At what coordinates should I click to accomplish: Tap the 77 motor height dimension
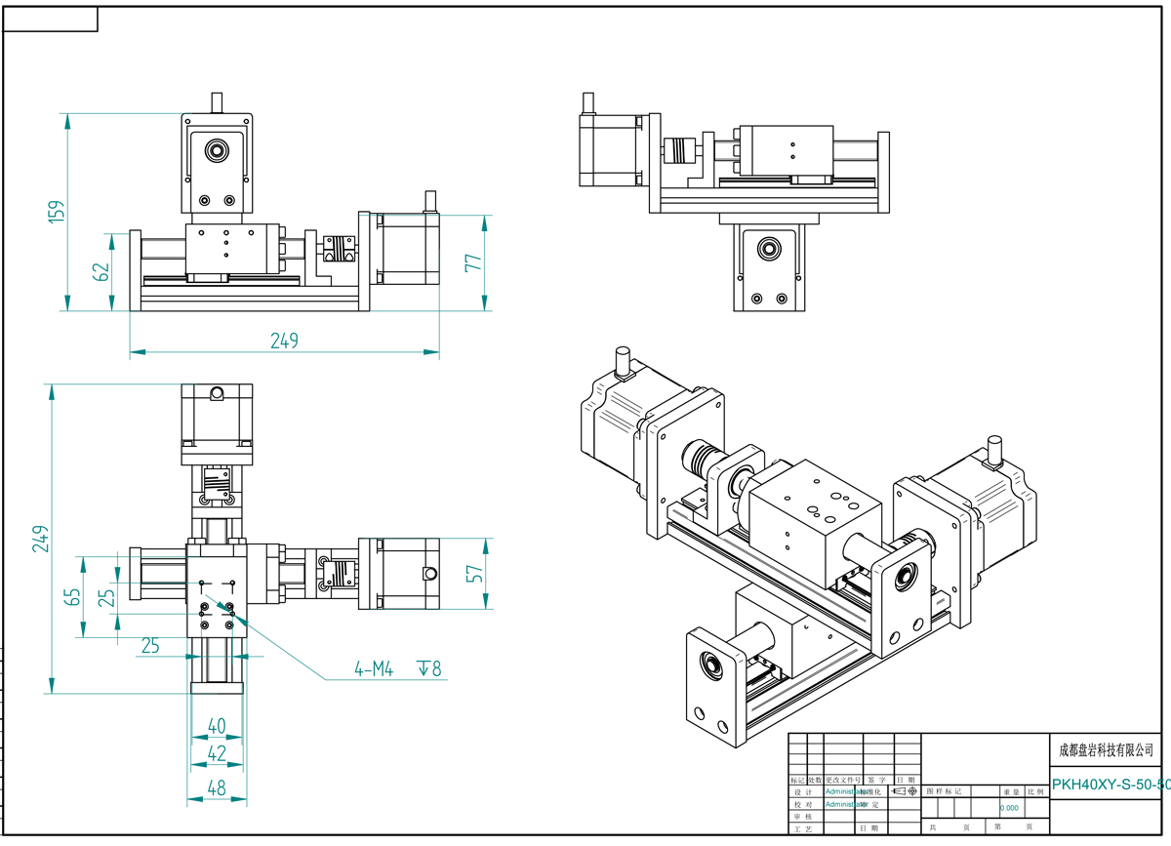[x=474, y=263]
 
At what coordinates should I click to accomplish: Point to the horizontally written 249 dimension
[x=284, y=341]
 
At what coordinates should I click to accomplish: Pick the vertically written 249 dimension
[x=40, y=538]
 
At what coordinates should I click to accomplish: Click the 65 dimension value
[x=72, y=595]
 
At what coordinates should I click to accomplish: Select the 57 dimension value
[x=476, y=573]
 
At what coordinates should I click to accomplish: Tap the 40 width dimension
[x=216, y=726]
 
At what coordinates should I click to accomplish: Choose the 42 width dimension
[x=216, y=752]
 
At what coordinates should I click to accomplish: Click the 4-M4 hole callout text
[x=374, y=669]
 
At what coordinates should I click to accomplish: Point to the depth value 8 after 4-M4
[x=435, y=669]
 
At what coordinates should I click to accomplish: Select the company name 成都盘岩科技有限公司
[x=1107, y=750]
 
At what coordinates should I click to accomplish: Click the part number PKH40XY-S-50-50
[x=1110, y=785]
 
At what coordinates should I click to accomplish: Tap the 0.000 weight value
[x=1009, y=808]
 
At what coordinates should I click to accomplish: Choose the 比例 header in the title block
[x=1036, y=791]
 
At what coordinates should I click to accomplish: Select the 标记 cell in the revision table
[x=796, y=781]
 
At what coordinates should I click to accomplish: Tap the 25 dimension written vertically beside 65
[x=108, y=595]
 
